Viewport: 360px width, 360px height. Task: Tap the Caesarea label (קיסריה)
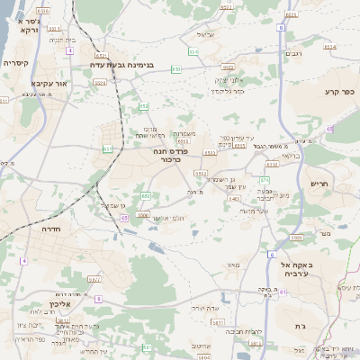(17, 64)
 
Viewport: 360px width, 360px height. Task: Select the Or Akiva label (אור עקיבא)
(23, 83)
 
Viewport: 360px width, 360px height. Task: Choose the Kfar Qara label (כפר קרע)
(340, 92)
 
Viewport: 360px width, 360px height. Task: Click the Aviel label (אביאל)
(207, 35)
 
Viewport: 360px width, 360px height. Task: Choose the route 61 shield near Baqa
(283, 292)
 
